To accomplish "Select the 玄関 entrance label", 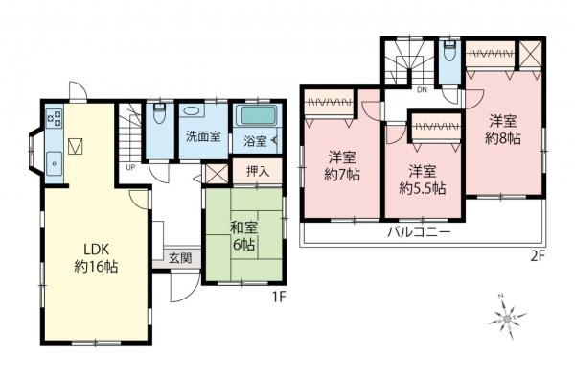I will (179, 257).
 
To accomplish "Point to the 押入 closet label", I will (258, 172).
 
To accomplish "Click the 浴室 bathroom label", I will (254, 141).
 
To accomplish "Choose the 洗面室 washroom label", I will (203, 136).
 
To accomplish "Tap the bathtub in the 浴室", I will (256, 118).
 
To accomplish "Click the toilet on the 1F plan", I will (159, 115).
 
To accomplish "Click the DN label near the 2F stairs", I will (421, 91).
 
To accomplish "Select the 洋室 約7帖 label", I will (341, 164).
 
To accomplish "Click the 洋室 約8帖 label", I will (502, 129).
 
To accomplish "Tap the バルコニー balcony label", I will (421, 232).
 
